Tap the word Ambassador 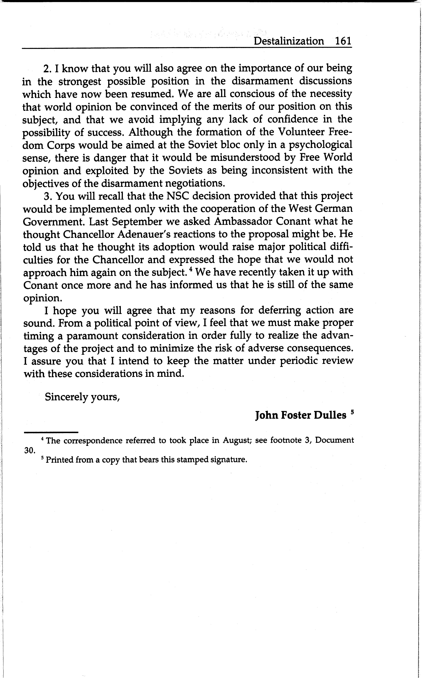pyautogui.click(x=243, y=222)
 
